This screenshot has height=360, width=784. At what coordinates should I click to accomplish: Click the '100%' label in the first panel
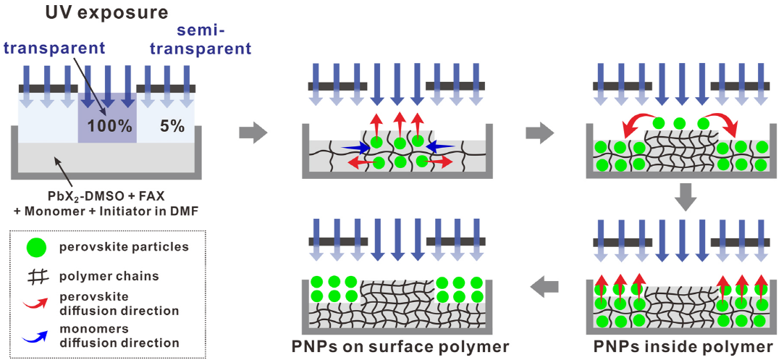pyautogui.click(x=110, y=125)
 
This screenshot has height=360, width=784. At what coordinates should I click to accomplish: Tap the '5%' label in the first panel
pyautogui.click(x=172, y=125)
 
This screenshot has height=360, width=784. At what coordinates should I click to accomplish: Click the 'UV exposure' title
pyautogui.click(x=107, y=12)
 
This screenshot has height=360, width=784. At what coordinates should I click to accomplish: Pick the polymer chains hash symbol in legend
pyautogui.click(x=33, y=276)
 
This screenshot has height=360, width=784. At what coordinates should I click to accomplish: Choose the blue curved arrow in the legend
pyautogui.click(x=33, y=335)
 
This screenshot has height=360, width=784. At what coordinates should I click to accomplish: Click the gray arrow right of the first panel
pyautogui.click(x=253, y=133)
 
